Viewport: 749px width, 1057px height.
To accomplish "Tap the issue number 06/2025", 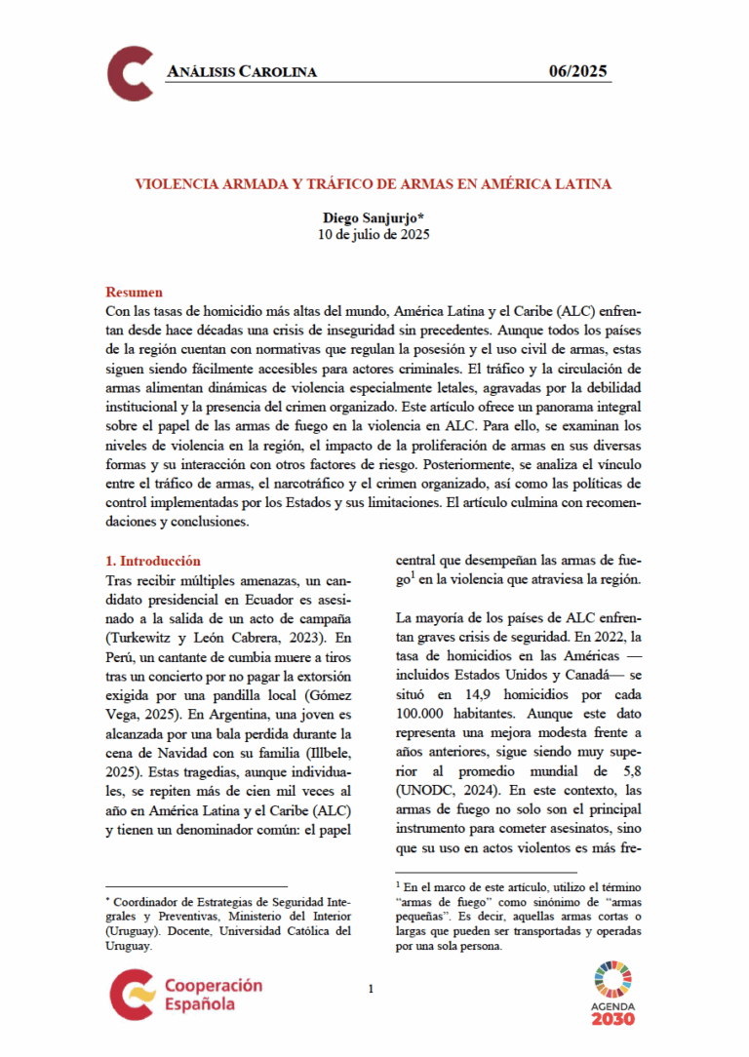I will [578, 70].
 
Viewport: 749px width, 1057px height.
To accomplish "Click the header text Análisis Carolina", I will [242, 71].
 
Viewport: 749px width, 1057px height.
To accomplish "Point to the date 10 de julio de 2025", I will [374, 235].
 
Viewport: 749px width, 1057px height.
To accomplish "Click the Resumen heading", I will [134, 293].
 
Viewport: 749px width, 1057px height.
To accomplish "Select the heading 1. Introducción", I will [152, 561].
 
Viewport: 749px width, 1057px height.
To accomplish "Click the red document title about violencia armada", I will [374, 183].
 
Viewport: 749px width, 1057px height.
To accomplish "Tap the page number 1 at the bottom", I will [372, 991].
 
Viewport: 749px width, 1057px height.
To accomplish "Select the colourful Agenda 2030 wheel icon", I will [612, 979].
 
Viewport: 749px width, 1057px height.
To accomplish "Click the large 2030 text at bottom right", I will [612, 1019].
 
